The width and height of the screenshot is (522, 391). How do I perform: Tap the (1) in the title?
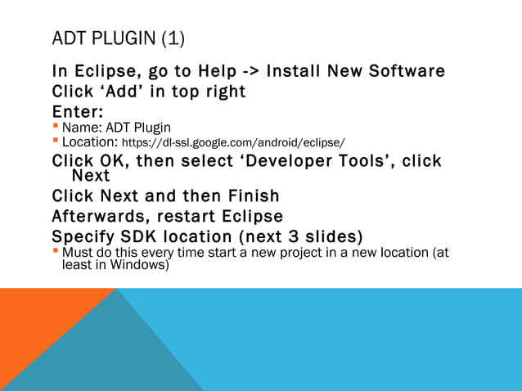click(x=173, y=38)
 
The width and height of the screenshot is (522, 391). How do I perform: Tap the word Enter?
click(x=77, y=111)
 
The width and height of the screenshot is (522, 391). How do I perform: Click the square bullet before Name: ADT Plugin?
click(x=56, y=127)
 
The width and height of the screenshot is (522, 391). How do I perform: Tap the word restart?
click(x=191, y=217)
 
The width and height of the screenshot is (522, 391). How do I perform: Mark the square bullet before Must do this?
click(x=56, y=253)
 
